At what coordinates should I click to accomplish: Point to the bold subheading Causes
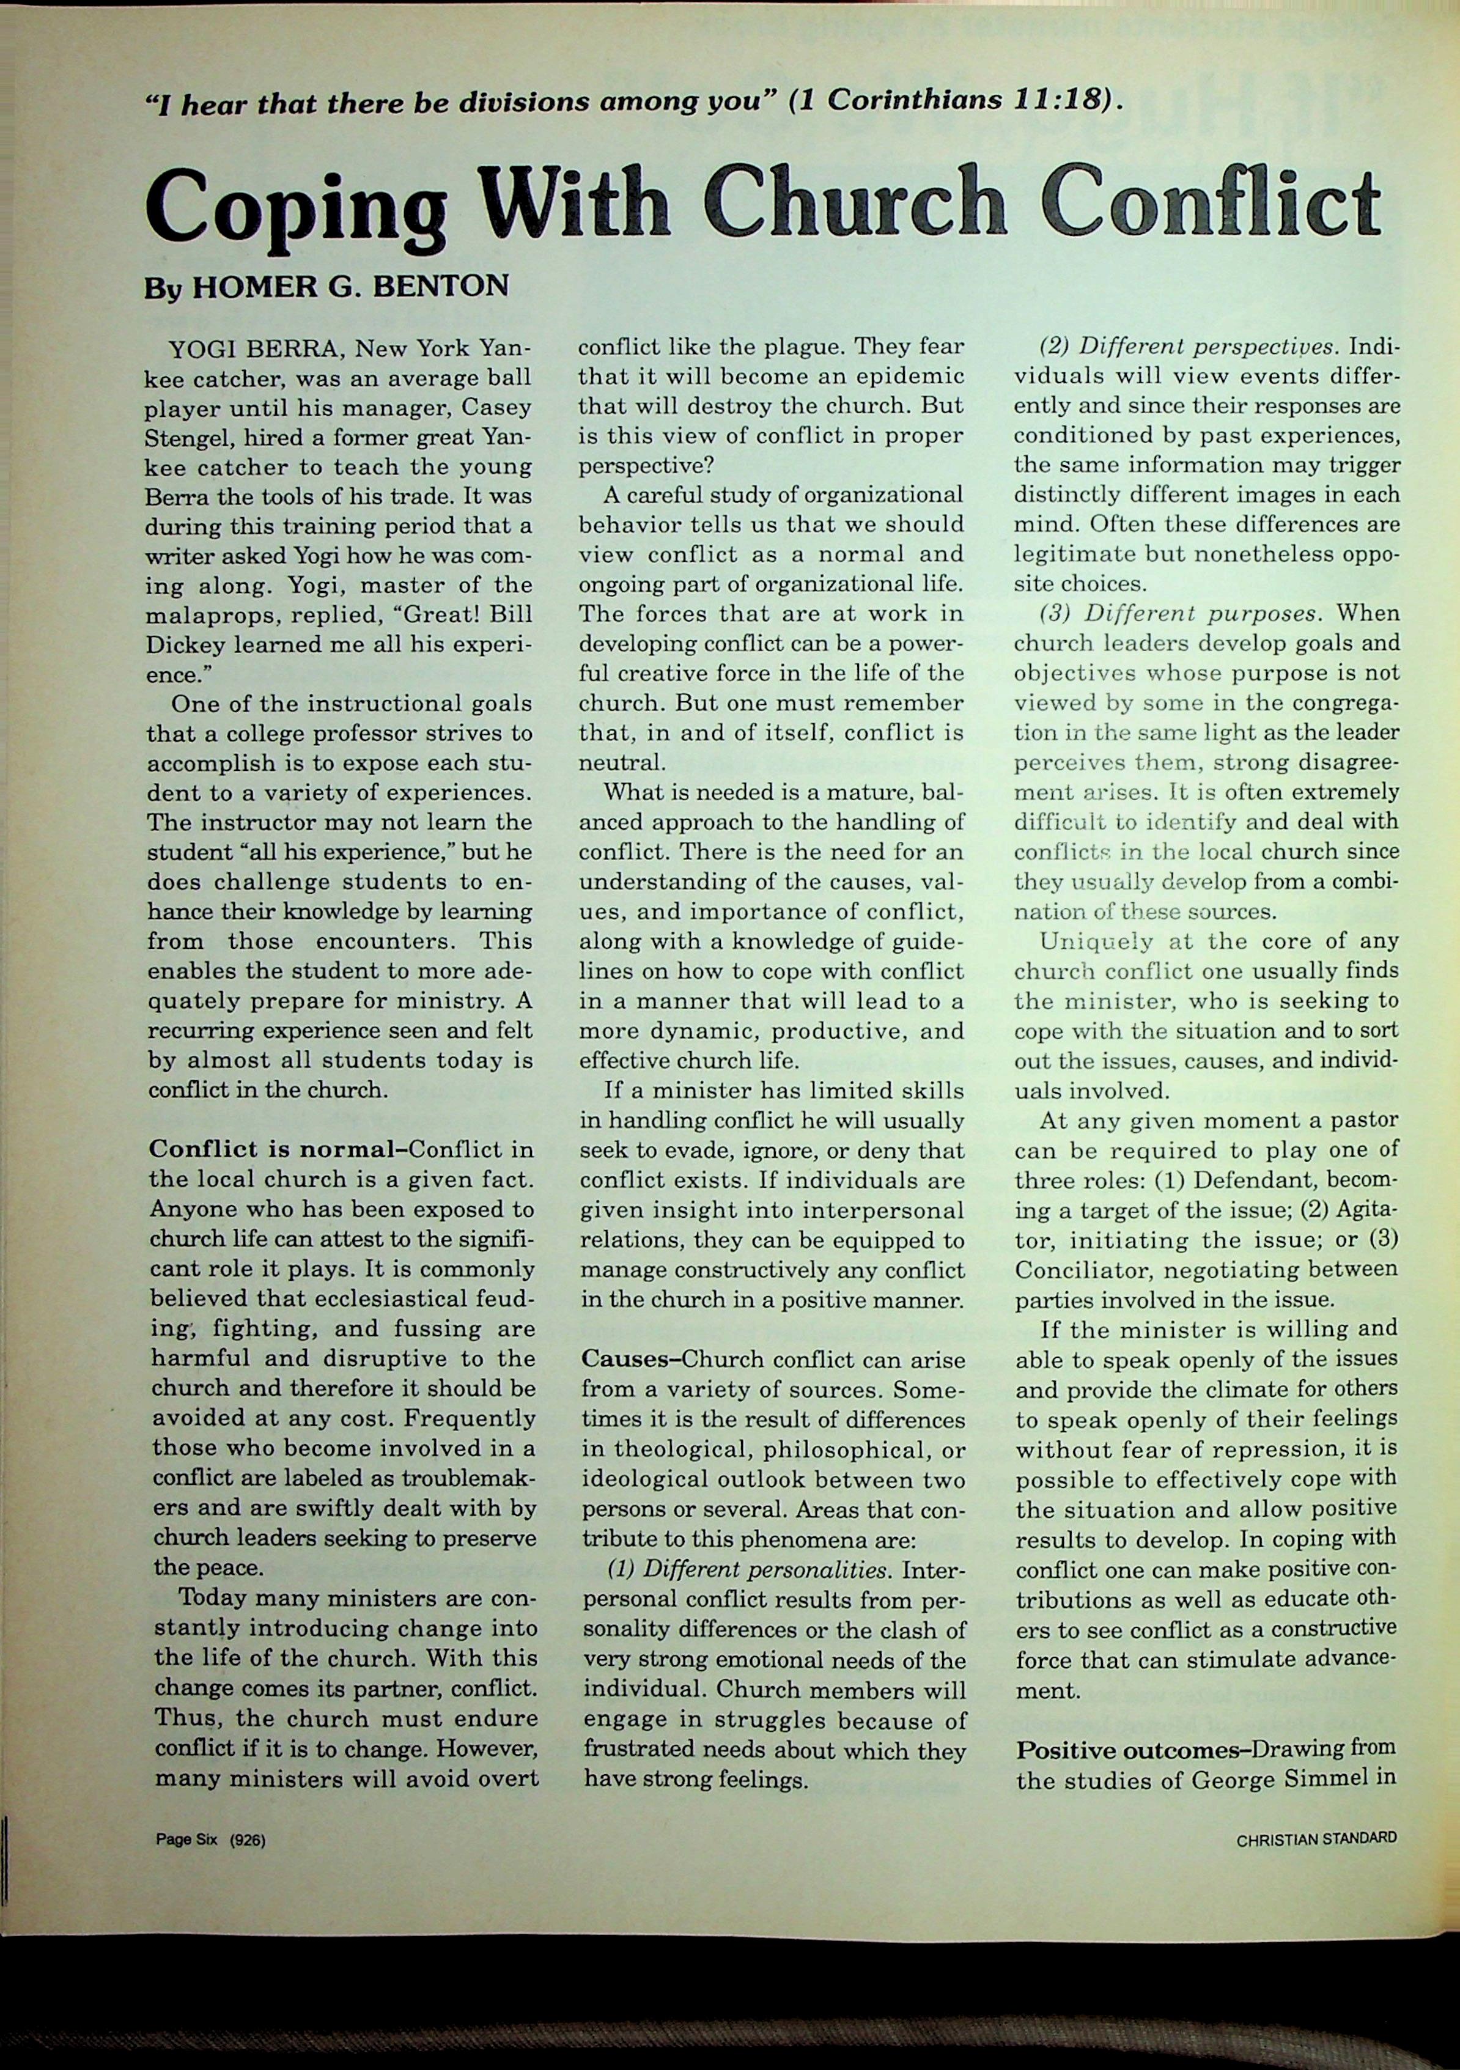[624, 1358]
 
